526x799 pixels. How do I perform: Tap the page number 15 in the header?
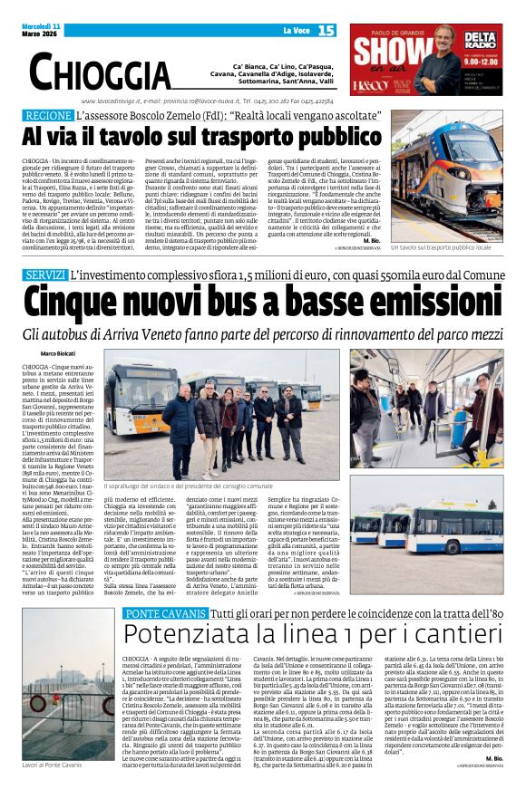pyautogui.click(x=326, y=31)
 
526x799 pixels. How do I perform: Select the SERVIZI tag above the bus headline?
pyautogui.click(x=44, y=274)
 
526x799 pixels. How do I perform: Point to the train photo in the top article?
pyautogui.click(x=446, y=176)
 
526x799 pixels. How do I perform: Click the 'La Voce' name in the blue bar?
pyautogui.click(x=296, y=31)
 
